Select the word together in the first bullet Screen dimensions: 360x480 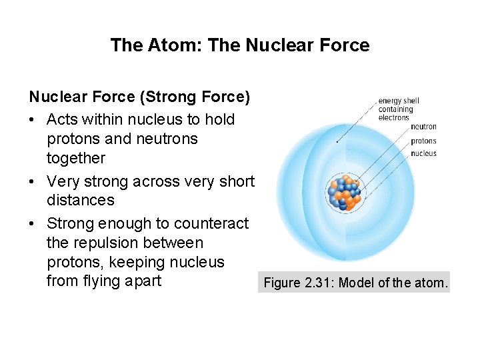(x=76, y=159)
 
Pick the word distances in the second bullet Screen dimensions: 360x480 (x=80, y=201)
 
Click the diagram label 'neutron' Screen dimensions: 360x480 (x=423, y=127)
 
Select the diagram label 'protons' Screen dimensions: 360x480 (x=423, y=141)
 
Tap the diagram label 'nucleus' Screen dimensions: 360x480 (x=423, y=153)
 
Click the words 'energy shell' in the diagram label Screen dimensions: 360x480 (x=399, y=101)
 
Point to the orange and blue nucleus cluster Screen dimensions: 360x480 (x=343, y=193)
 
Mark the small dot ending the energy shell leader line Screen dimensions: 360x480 (x=337, y=141)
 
